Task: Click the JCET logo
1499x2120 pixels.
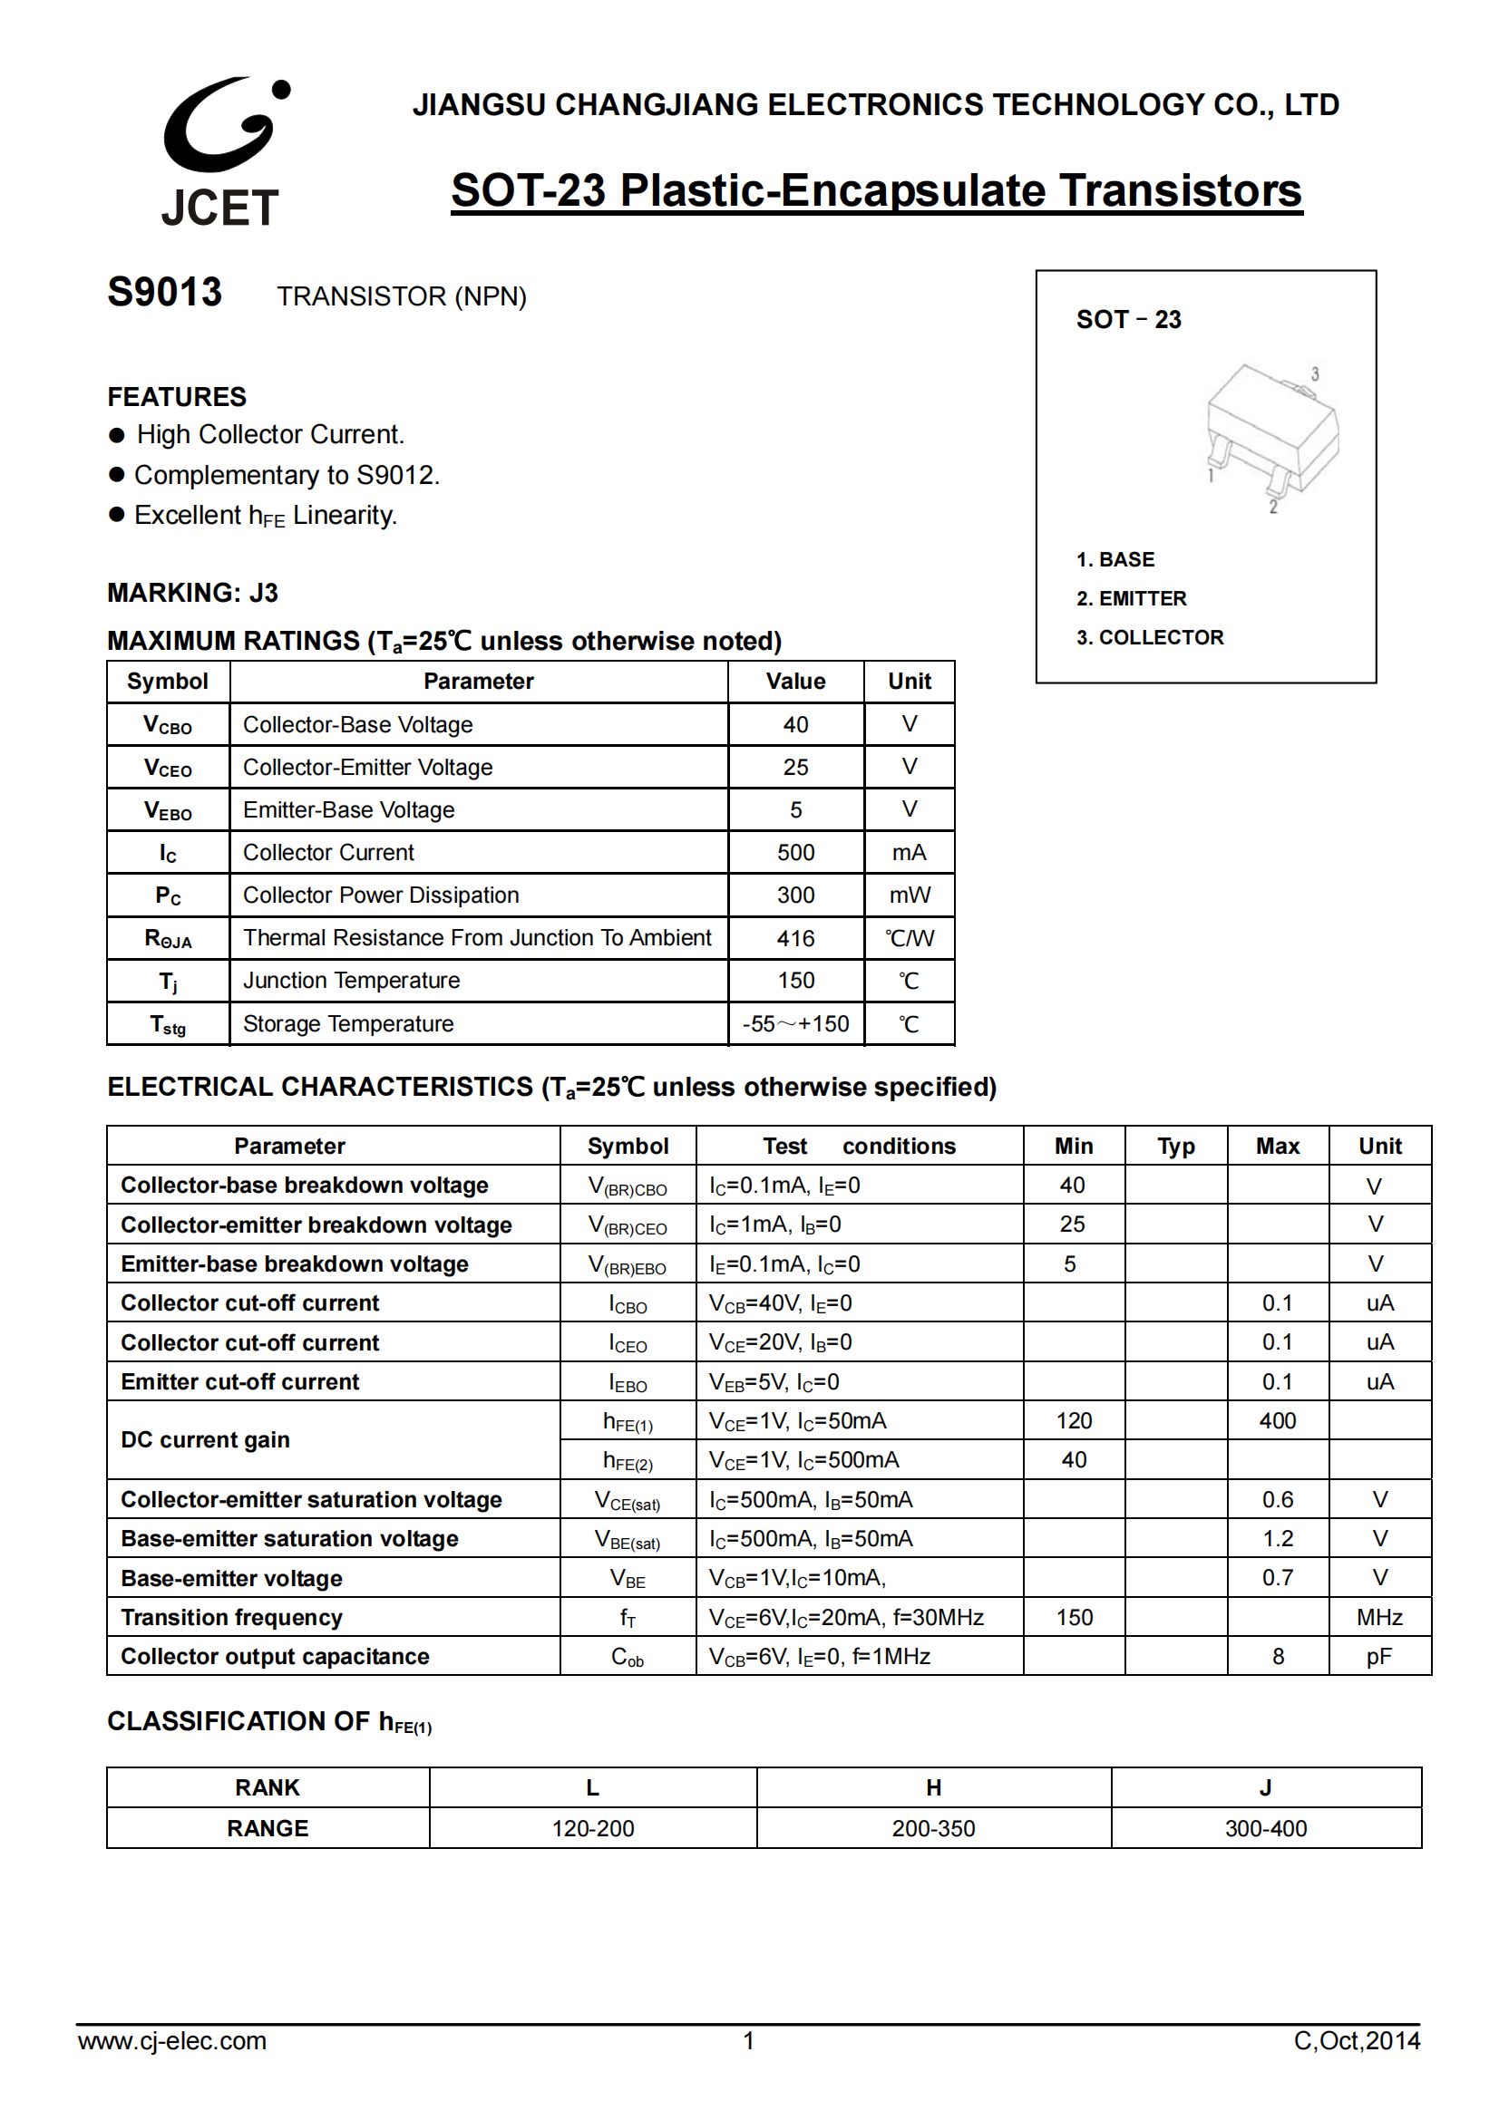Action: [221, 152]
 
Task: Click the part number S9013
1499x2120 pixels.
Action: [164, 293]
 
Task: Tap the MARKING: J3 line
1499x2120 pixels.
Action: [192, 593]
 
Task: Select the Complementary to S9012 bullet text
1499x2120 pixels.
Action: [287, 475]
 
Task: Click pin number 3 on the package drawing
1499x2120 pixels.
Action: [1314, 374]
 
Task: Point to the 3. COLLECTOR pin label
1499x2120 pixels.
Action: [1150, 637]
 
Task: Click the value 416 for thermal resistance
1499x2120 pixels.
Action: [795, 938]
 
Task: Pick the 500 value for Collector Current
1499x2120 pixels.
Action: [795, 852]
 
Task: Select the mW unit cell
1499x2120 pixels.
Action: [909, 895]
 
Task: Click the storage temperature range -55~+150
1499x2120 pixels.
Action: [795, 1024]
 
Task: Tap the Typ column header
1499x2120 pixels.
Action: [1176, 1146]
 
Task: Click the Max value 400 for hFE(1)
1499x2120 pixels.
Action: [1278, 1420]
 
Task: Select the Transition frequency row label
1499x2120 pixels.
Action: [232, 1617]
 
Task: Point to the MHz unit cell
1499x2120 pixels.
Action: [1379, 1617]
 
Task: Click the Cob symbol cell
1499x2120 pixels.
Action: [628, 1657]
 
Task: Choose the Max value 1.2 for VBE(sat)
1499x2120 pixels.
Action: [1278, 1538]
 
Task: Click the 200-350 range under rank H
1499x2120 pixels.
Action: [933, 1828]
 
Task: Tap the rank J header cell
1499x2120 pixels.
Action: [1265, 1787]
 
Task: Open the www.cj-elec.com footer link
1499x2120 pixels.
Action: [171, 2040]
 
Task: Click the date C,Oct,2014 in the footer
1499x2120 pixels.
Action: [1356, 2040]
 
